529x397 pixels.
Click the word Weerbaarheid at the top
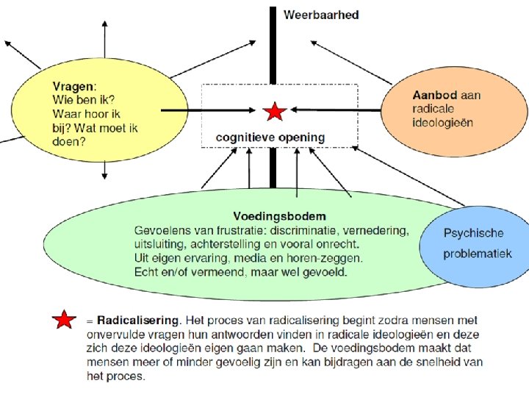pyautogui.click(x=321, y=15)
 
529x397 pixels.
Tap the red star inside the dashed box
pyautogui.click(x=274, y=112)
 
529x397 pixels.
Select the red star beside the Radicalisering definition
pyautogui.click(x=65, y=321)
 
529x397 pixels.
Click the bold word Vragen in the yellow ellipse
pyautogui.click(x=74, y=85)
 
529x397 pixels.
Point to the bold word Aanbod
pyautogui.click(x=434, y=96)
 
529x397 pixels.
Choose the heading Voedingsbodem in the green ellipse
pyautogui.click(x=279, y=216)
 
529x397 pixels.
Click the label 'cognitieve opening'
pyautogui.click(x=270, y=137)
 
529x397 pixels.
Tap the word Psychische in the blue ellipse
pyautogui.click(x=474, y=233)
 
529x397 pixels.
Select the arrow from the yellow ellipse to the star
pyautogui.click(x=209, y=110)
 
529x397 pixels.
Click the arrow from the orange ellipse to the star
pyautogui.click(x=334, y=110)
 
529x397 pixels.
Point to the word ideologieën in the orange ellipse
pyautogui.click(x=442, y=122)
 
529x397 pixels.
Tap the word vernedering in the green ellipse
pyautogui.click(x=375, y=230)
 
